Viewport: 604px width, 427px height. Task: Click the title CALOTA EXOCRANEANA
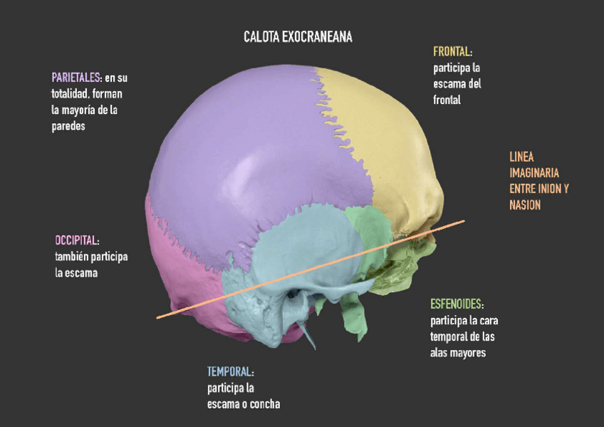pyautogui.click(x=298, y=36)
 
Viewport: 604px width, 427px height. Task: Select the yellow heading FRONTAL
pyautogui.click(x=452, y=52)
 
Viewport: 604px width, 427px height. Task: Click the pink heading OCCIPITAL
pyautogui.click(x=76, y=240)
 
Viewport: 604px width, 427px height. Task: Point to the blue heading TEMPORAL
pyautogui.click(x=229, y=372)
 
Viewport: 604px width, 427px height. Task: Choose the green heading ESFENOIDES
pyautogui.click(x=457, y=304)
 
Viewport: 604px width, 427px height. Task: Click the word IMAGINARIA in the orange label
pyautogui.click(x=534, y=173)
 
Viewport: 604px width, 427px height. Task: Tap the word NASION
pyautogui.click(x=525, y=205)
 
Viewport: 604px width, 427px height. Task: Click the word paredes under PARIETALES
pyautogui.click(x=68, y=126)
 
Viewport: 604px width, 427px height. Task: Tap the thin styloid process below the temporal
pyautogui.click(x=307, y=335)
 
